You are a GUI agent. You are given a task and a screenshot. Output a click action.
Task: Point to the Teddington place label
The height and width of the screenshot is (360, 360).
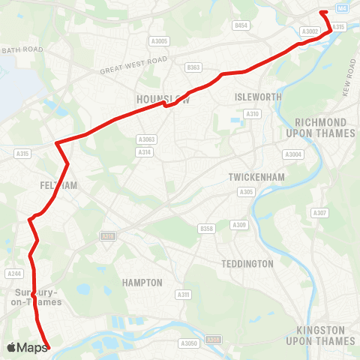coord(247,264)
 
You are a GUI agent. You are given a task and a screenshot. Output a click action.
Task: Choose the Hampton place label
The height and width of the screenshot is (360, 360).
coord(142,283)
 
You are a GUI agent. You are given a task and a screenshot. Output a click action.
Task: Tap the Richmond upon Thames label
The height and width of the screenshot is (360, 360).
coord(320,127)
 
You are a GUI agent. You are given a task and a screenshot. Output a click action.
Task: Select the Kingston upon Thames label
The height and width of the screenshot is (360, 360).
coord(321,335)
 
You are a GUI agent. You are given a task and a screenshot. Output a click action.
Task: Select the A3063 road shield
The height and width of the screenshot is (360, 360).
coord(146,139)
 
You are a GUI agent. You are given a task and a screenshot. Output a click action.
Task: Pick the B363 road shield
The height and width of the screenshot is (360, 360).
coord(193,67)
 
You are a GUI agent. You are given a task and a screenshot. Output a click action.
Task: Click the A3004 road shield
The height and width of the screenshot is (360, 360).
coord(292,154)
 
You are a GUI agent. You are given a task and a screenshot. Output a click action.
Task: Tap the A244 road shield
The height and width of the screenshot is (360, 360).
coord(14,274)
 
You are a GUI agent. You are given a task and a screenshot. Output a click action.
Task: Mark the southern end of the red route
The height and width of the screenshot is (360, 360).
coord(48,347)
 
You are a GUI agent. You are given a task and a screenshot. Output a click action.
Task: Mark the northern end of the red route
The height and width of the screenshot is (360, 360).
coord(322,13)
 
